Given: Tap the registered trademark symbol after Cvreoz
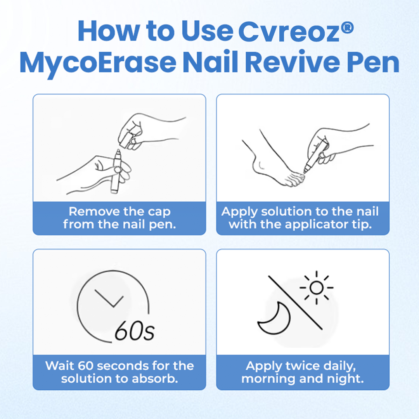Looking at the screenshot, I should coord(348,28).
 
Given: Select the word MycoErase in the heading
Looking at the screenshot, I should coord(97,64).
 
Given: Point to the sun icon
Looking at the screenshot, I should coord(316,287).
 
